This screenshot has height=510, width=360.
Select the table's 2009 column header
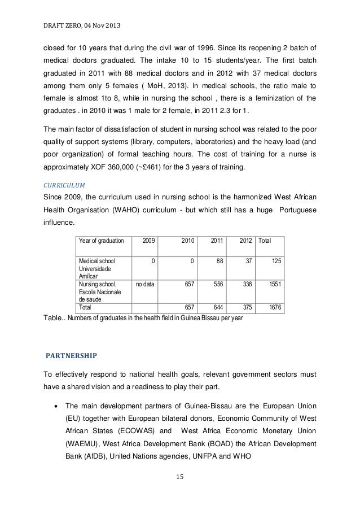coord(150,241)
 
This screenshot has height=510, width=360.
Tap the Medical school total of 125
coord(276,261)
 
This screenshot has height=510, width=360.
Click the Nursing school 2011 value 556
coord(217,285)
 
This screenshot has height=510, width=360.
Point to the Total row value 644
coord(217,308)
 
